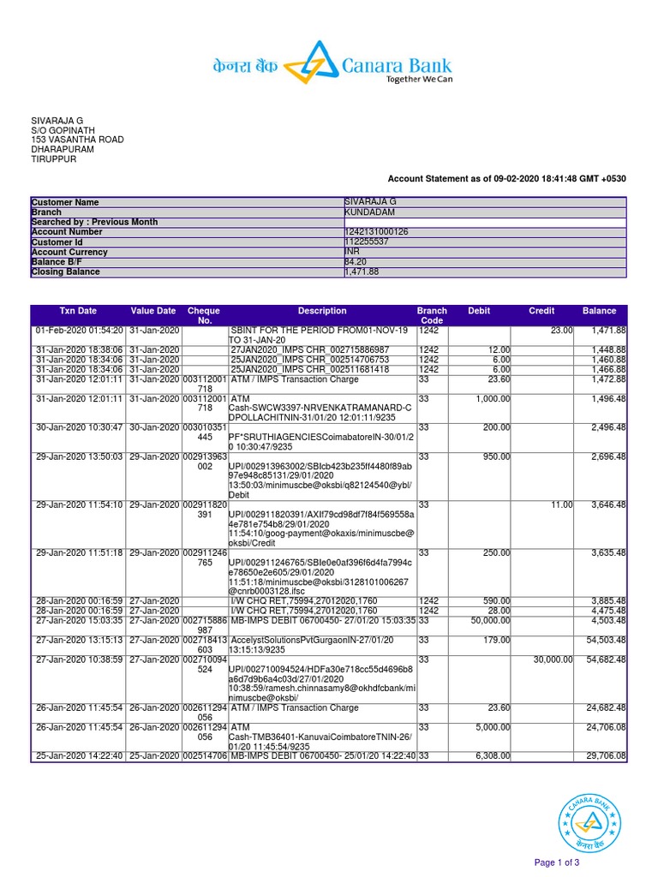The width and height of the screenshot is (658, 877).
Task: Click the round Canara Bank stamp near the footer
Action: click(587, 821)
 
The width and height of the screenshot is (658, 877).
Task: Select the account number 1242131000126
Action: click(376, 232)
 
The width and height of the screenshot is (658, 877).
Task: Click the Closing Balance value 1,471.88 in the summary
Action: click(361, 272)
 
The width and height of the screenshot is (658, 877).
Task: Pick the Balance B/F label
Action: click(57, 262)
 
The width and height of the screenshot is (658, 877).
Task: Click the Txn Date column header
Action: click(78, 311)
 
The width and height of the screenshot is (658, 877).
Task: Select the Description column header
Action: click(322, 311)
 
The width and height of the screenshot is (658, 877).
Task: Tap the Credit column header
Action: click(541, 311)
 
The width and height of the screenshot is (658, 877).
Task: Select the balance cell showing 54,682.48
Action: click(606, 660)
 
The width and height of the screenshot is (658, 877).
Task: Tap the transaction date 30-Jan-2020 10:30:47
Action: click(80, 427)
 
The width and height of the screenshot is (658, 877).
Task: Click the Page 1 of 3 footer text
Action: click(557, 862)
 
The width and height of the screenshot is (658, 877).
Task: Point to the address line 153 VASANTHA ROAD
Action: click(77, 140)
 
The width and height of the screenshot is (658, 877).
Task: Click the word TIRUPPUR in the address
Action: click(54, 159)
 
